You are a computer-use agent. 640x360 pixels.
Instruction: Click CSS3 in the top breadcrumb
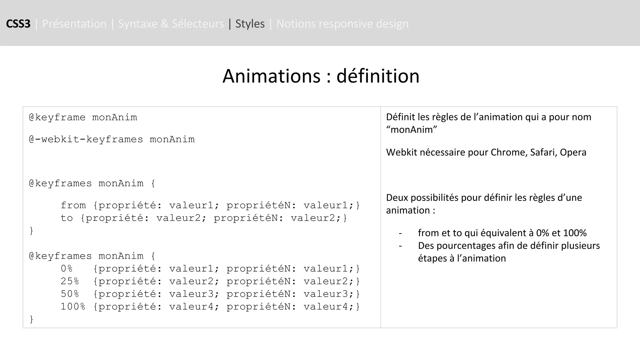(18, 24)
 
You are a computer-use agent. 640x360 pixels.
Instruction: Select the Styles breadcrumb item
(250, 24)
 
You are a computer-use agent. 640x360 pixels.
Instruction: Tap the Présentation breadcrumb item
(74, 24)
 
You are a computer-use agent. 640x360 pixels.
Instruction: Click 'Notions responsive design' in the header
(342, 24)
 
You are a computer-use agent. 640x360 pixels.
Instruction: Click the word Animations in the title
(271, 76)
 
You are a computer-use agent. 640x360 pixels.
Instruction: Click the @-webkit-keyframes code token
(86, 139)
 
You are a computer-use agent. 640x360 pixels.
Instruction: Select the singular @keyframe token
(57, 117)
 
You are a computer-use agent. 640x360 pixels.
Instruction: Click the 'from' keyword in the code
(73, 205)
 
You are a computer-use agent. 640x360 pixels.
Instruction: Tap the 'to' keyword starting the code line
(67, 218)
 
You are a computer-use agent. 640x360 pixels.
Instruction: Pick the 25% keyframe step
(70, 281)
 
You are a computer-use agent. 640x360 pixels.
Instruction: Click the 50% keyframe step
(70, 294)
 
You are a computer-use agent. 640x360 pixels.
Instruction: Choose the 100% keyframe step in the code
(73, 307)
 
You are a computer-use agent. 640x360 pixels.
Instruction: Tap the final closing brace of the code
(31, 319)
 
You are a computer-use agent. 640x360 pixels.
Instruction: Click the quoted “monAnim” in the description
(411, 129)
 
